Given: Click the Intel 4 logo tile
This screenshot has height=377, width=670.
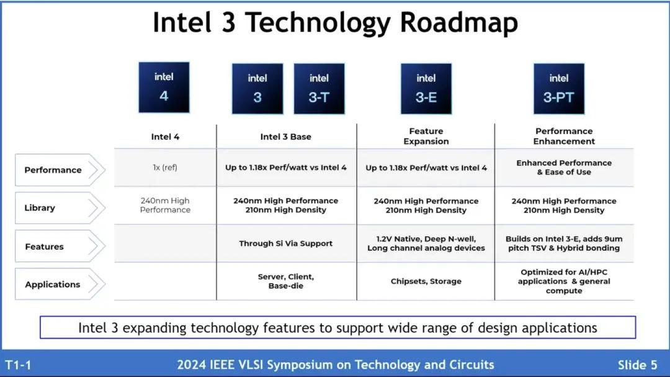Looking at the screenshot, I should click(164, 87).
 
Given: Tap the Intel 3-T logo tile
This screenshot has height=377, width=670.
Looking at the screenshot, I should click(319, 89).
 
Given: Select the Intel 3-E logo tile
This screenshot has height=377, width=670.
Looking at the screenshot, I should click(426, 89).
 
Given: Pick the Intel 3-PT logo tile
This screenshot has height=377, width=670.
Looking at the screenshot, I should click(558, 89).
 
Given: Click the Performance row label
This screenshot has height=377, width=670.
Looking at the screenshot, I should click(53, 170).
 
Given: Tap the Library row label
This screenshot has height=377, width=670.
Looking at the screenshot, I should click(40, 208).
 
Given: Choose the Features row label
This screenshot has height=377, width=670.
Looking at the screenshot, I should click(44, 247).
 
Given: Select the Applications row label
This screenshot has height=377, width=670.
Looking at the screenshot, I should click(53, 284).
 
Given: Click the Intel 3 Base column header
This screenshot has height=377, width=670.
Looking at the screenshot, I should click(286, 137).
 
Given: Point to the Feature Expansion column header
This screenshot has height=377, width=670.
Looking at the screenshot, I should click(426, 136).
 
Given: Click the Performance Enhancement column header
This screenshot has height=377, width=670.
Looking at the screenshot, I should click(564, 136).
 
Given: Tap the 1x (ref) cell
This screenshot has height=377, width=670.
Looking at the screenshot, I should click(165, 168).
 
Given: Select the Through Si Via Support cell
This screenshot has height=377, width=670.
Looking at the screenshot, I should click(286, 243).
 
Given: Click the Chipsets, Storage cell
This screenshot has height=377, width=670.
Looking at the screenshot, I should click(426, 281).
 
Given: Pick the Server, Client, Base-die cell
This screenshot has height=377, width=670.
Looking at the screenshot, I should click(286, 281).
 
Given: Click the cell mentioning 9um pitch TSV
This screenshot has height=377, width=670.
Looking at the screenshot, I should click(564, 243).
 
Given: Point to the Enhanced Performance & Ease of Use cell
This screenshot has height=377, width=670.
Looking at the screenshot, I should click(564, 167).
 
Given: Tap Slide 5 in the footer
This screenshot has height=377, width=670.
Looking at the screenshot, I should click(637, 365).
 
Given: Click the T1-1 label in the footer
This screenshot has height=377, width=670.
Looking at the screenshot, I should click(18, 365).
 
